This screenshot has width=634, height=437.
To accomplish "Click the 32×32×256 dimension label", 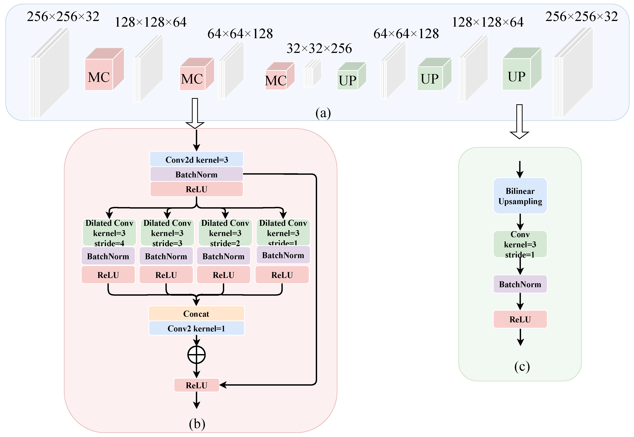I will (319, 49).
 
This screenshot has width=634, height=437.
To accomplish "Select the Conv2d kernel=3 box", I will (196, 159).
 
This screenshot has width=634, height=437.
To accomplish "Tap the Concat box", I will (196, 313).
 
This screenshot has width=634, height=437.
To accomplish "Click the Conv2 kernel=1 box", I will (196, 328).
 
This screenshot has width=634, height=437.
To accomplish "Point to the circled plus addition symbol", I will (196, 355).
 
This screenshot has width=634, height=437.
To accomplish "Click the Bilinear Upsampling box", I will (520, 196).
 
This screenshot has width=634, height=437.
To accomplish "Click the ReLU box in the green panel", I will (520, 319).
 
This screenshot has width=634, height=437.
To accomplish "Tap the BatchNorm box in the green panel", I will (520, 284).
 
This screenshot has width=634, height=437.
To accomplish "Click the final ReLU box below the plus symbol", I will (196, 385).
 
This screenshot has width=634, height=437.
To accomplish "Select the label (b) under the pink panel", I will (197, 424).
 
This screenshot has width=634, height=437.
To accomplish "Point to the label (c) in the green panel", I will (522, 366).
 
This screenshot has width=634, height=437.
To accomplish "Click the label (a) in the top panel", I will (323, 113).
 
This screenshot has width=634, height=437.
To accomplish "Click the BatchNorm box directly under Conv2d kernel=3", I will (196, 174).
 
